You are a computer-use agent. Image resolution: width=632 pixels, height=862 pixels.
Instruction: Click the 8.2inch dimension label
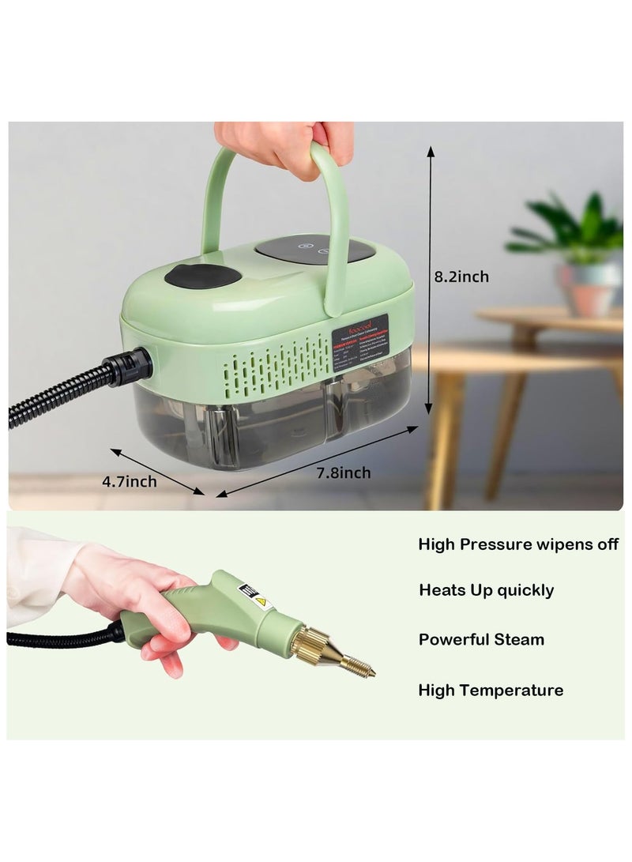tap(461, 277)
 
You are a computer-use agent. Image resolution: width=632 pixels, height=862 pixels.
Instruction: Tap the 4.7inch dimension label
tap(130, 481)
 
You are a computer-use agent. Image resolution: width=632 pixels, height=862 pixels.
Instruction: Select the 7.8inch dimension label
tap(343, 472)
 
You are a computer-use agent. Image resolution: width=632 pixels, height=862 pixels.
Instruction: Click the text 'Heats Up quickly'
tap(486, 590)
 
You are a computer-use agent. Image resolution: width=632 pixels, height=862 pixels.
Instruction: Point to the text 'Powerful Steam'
tap(481, 639)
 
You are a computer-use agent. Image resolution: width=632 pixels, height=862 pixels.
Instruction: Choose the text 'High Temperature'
tap(491, 690)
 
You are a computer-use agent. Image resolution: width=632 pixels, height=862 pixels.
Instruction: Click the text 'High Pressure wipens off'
tap(518, 544)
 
